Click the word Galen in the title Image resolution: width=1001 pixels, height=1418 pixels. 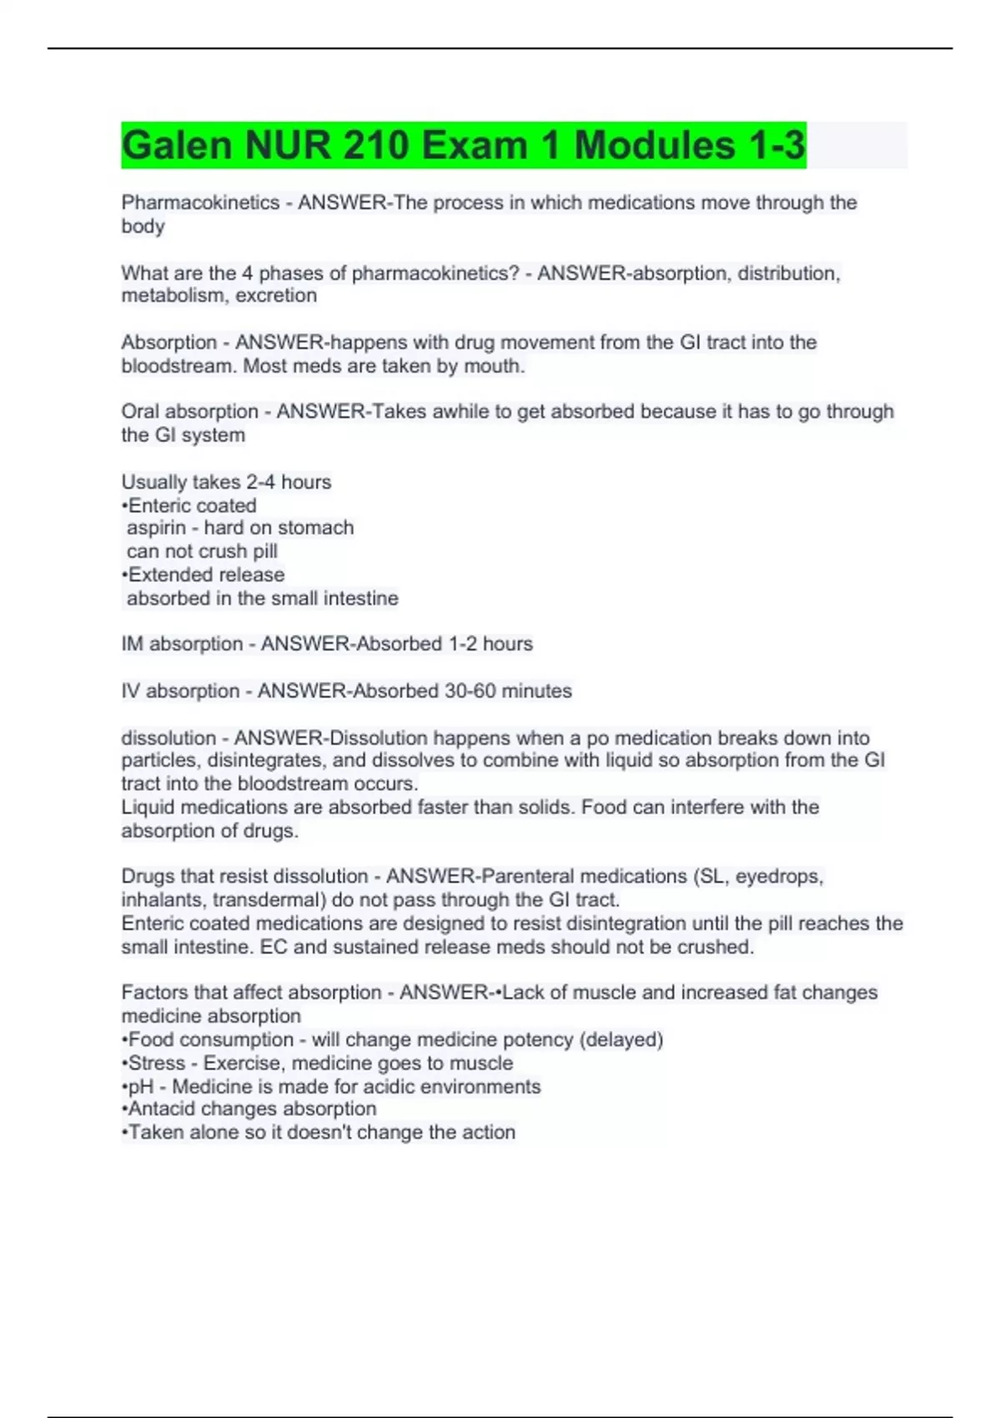(177, 145)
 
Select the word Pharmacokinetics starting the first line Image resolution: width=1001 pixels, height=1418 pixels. (200, 203)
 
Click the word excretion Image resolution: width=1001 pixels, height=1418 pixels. (276, 295)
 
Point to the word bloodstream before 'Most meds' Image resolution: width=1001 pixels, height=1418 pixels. (179, 366)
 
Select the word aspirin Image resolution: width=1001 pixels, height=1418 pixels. (156, 528)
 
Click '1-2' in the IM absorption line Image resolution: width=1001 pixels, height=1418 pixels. (463, 644)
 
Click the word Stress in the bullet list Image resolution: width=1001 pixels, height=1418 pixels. (158, 1063)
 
